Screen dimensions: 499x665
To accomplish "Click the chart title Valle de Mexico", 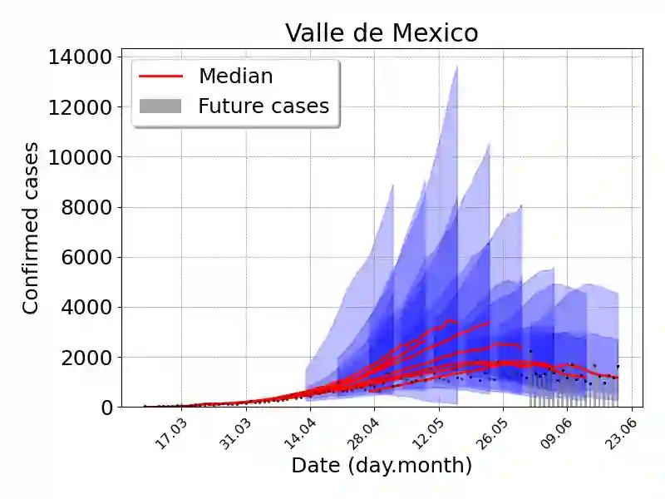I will (382, 32).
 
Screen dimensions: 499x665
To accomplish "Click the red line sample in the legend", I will (160, 77).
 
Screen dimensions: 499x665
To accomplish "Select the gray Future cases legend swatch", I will (160, 106).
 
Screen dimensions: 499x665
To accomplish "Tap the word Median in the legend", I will (235, 77).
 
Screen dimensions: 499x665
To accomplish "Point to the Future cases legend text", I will (264, 106).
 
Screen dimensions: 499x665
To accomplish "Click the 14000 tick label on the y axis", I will (81, 57).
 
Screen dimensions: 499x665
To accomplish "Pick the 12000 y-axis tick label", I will (81, 107).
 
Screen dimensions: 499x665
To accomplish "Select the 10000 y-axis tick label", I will (81, 157).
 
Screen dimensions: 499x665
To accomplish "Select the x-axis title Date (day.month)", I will (382, 466).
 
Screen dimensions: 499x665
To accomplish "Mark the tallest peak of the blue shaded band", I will (456, 67).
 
